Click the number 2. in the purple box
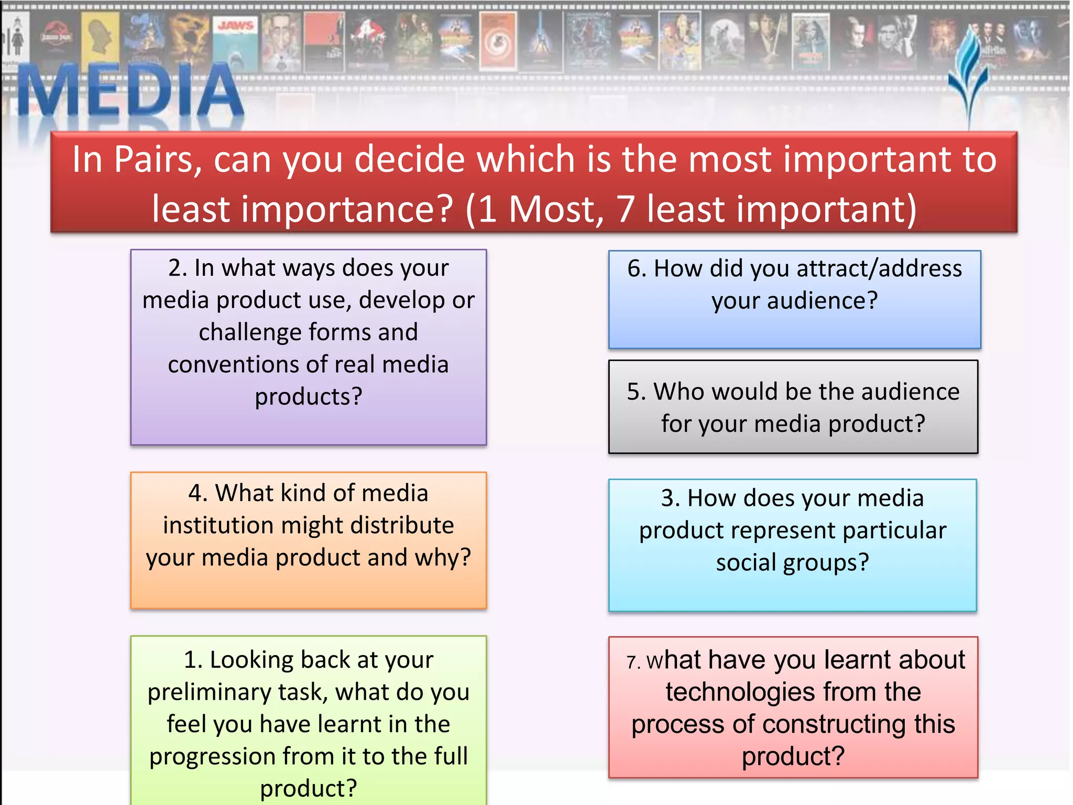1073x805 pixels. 178,268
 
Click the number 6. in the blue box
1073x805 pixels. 637,269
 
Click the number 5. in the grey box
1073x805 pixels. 636,392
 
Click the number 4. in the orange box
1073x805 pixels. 198,494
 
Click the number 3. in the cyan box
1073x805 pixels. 670,498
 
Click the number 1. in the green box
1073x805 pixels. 193,660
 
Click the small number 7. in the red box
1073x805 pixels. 633,662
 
